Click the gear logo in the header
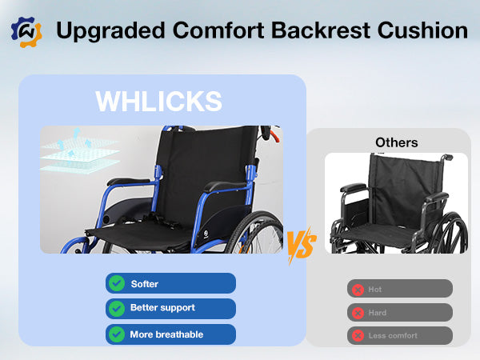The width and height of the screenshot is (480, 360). pyautogui.click(x=26, y=31)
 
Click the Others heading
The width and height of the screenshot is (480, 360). pyautogui.click(x=396, y=142)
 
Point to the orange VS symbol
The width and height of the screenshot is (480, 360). pyautogui.click(x=301, y=243)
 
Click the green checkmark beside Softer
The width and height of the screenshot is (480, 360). pyautogui.click(x=117, y=283)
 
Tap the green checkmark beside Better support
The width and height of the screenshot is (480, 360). pyautogui.click(x=117, y=308)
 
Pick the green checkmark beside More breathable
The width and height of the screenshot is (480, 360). pyautogui.click(x=117, y=334)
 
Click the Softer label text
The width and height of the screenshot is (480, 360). pyautogui.click(x=145, y=284)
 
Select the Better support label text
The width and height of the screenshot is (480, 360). pyautogui.click(x=162, y=308)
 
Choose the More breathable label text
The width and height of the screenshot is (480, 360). pyautogui.click(x=166, y=334)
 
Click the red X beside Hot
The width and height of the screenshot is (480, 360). pyautogui.click(x=358, y=289)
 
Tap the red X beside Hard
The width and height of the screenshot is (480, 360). pyautogui.click(x=358, y=313)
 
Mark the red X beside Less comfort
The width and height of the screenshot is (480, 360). pyautogui.click(x=358, y=335)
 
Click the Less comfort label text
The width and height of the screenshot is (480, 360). pyautogui.click(x=393, y=335)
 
